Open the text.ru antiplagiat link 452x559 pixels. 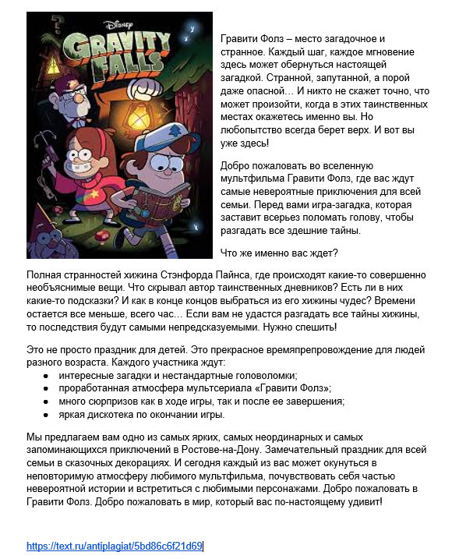(114, 546)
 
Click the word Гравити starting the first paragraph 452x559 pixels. (240, 38)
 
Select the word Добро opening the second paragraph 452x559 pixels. (236, 166)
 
